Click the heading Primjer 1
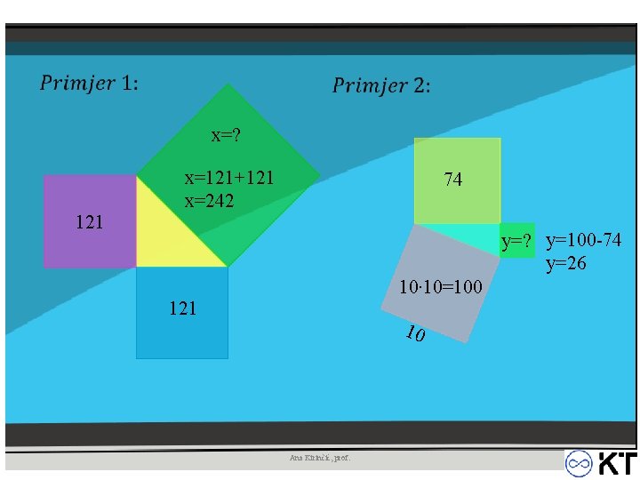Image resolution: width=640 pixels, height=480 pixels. pyautogui.click(x=89, y=84)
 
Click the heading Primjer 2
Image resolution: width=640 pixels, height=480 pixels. pyautogui.click(x=381, y=85)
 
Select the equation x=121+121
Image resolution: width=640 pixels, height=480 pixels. pyautogui.click(x=228, y=178)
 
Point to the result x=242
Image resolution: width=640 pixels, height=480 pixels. pyautogui.click(x=210, y=200)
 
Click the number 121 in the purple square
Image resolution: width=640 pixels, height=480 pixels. pyautogui.click(x=89, y=221)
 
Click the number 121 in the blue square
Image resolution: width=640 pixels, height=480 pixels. pyautogui.click(x=182, y=308)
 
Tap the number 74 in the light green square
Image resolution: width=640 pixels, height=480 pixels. pyautogui.click(x=453, y=180)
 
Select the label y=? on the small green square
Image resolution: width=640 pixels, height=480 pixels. pyautogui.click(x=516, y=241)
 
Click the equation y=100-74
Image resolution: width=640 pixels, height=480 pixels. pyautogui.click(x=584, y=240)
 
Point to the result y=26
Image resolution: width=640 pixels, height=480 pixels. pyautogui.click(x=566, y=263)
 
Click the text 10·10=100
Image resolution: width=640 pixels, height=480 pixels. pyautogui.click(x=441, y=287)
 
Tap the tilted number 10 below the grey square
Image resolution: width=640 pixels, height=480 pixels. pyautogui.click(x=413, y=334)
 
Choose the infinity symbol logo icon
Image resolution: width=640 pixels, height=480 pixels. pyautogui.click(x=580, y=464)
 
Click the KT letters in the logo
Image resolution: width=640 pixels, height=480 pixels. pyautogui.click(x=616, y=464)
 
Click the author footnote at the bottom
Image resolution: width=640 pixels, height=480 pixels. pyautogui.click(x=320, y=458)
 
